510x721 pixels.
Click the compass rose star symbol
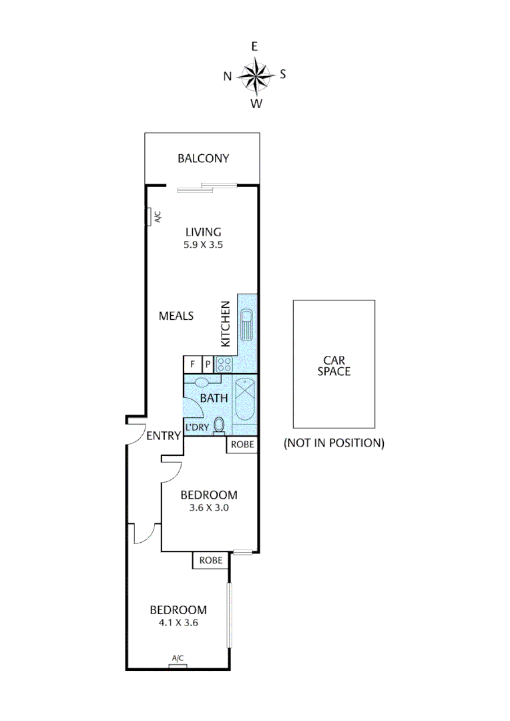tap(255, 75)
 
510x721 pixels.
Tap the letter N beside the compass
tap(228, 76)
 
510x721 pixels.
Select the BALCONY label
tap(203, 159)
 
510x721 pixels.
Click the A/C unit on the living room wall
tap(151, 217)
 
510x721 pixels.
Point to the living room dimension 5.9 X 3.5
tap(204, 245)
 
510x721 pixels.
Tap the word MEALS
tap(176, 316)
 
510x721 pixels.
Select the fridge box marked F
tap(192, 365)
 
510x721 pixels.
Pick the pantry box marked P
tap(207, 365)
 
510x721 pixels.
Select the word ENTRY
tap(164, 437)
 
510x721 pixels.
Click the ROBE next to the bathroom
tap(242, 445)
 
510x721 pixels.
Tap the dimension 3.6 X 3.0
tap(209, 508)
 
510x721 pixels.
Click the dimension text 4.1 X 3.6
tap(178, 623)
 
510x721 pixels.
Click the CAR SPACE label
tap(334, 366)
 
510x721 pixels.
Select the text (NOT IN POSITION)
tap(334, 443)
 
